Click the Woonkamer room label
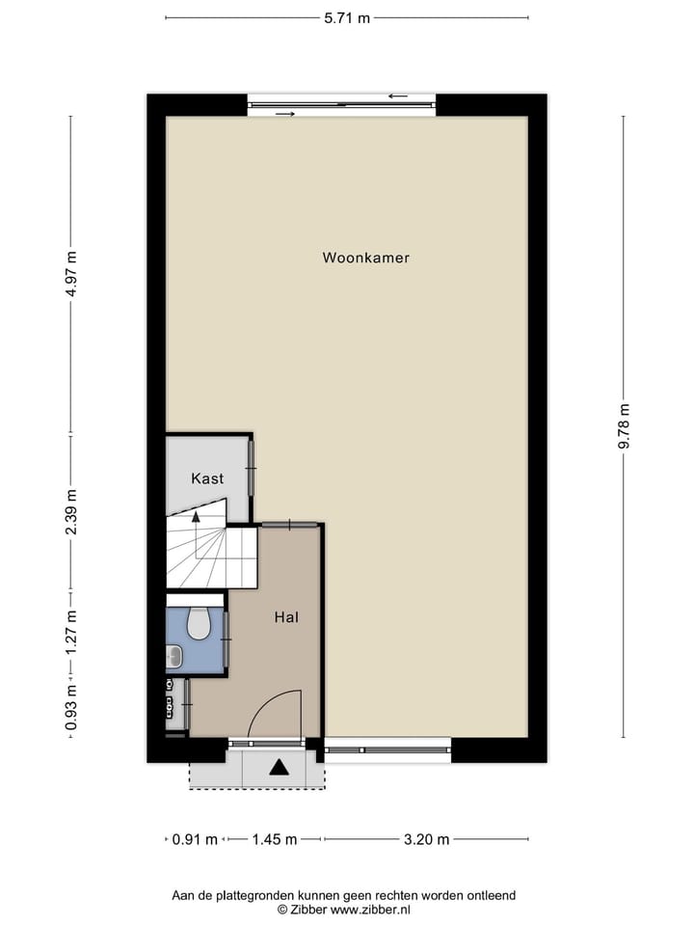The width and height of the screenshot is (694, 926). point(365,258)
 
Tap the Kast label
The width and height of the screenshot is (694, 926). point(207,478)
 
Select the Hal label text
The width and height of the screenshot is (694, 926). point(284,616)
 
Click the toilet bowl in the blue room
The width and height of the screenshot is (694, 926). point(199,625)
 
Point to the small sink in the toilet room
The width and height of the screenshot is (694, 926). point(174,657)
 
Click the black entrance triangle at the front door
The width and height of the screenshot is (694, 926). point(280,768)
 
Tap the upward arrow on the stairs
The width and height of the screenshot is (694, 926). point(197,518)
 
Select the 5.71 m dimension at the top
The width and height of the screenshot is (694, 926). point(346,17)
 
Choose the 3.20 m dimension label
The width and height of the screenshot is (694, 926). point(426,839)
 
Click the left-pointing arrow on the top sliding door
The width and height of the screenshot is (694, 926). point(397,96)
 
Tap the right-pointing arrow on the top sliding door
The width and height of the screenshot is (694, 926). point(285,114)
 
